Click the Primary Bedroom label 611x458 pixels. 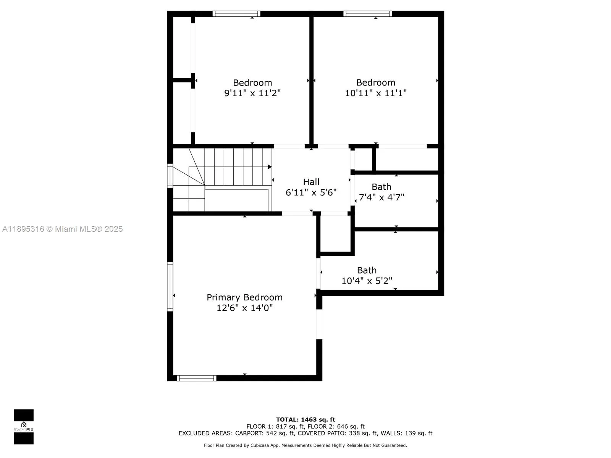[x=244, y=297]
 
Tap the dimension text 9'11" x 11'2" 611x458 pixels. [x=252, y=93]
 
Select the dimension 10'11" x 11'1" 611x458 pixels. [x=376, y=93]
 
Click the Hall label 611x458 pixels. [x=311, y=182]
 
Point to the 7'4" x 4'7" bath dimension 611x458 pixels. [x=381, y=197]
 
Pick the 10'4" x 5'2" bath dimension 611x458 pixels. [x=367, y=281]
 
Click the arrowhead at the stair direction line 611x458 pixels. [x=270, y=167]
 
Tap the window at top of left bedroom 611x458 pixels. [x=236, y=14]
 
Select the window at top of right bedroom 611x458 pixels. [x=367, y=14]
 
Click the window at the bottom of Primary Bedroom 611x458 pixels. [x=196, y=378]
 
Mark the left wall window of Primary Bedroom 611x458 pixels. [x=170, y=286]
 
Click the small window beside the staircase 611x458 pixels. [x=170, y=176]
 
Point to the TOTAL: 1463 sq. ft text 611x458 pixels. [x=305, y=419]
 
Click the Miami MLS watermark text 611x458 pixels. [x=63, y=229]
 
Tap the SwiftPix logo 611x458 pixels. [x=24, y=427]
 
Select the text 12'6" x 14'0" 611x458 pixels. [x=244, y=308]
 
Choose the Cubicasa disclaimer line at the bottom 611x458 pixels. [x=305, y=445]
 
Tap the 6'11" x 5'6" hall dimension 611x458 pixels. [x=311, y=192]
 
